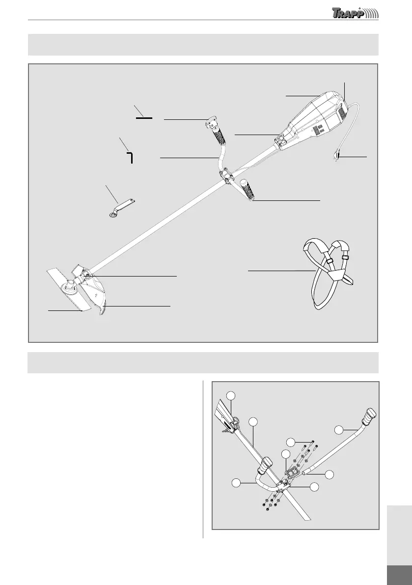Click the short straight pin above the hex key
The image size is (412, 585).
pos(144,118)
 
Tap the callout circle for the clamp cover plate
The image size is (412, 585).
pos(286,454)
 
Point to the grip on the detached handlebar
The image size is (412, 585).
pos(368,417)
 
